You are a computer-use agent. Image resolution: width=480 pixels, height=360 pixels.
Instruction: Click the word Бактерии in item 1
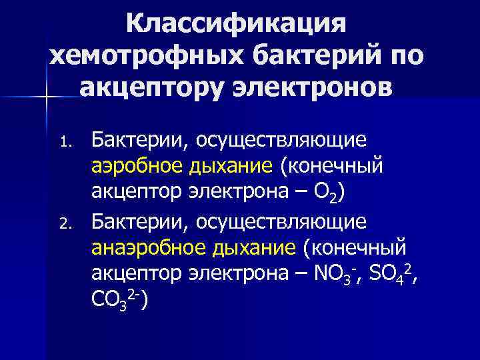133,140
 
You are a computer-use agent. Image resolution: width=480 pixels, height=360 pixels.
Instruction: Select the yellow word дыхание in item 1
226,165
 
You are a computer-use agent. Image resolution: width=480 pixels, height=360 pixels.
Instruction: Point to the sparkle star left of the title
47,98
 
